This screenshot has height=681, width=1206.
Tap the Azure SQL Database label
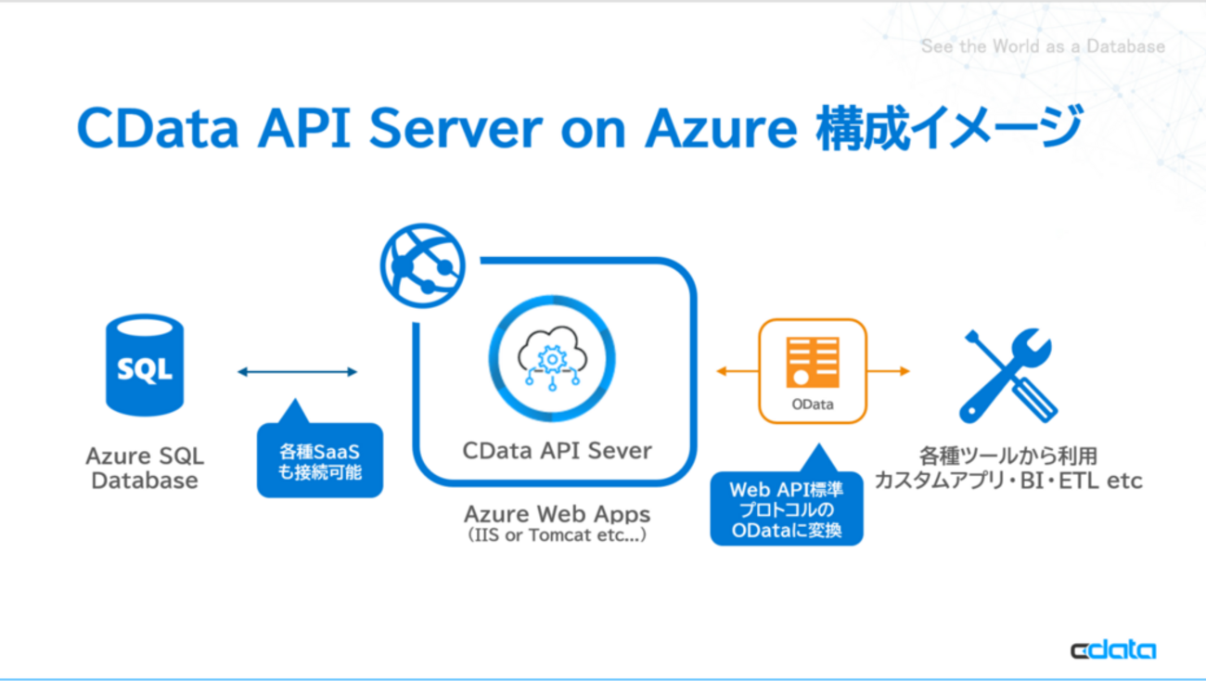point(145,469)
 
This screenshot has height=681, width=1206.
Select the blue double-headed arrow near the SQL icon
point(297,372)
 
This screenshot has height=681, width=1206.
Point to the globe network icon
point(422,266)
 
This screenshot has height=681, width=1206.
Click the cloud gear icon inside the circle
point(552,358)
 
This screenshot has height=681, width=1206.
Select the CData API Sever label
point(557,451)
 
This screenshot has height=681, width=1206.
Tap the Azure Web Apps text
point(557,514)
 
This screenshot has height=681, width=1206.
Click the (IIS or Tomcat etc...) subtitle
point(557,536)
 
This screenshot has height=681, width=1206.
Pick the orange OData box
point(813,371)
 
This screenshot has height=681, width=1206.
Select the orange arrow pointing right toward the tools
point(889,371)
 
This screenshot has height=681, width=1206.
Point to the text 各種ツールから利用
point(1008,456)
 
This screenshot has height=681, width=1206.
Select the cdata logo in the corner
point(1113,649)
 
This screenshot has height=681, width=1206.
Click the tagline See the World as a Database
point(1043,45)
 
